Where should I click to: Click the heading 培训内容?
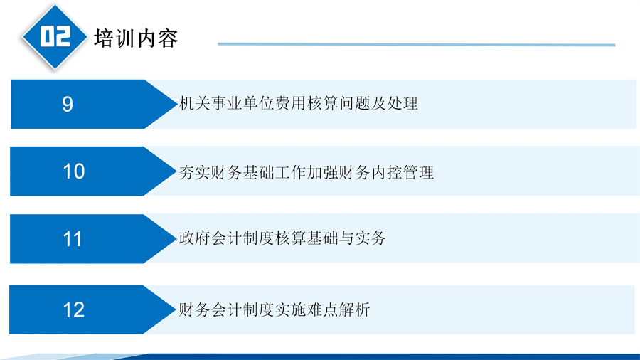tap(136, 38)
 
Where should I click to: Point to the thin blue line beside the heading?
tap(416, 44)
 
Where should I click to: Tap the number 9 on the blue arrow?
tap(68, 104)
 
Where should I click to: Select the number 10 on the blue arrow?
tap(74, 171)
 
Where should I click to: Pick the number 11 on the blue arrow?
tap(73, 239)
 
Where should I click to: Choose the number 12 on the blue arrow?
tap(74, 309)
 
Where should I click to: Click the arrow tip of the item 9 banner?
tap(177, 104)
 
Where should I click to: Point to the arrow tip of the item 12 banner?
tap(176, 309)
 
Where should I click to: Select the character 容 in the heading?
tap(168, 38)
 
